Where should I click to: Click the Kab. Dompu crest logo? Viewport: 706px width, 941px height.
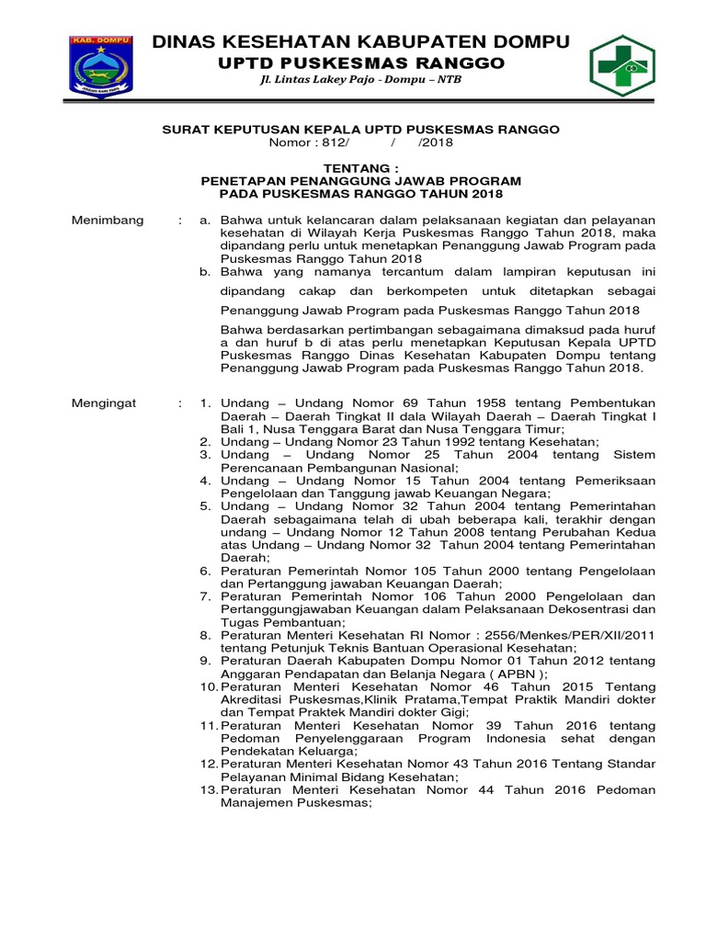click(101, 66)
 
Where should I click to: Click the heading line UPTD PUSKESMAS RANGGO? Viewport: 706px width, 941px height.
click(360, 62)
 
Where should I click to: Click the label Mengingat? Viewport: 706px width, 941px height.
click(103, 402)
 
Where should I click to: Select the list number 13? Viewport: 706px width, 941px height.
click(210, 789)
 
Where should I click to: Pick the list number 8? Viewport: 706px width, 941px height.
click(206, 635)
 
